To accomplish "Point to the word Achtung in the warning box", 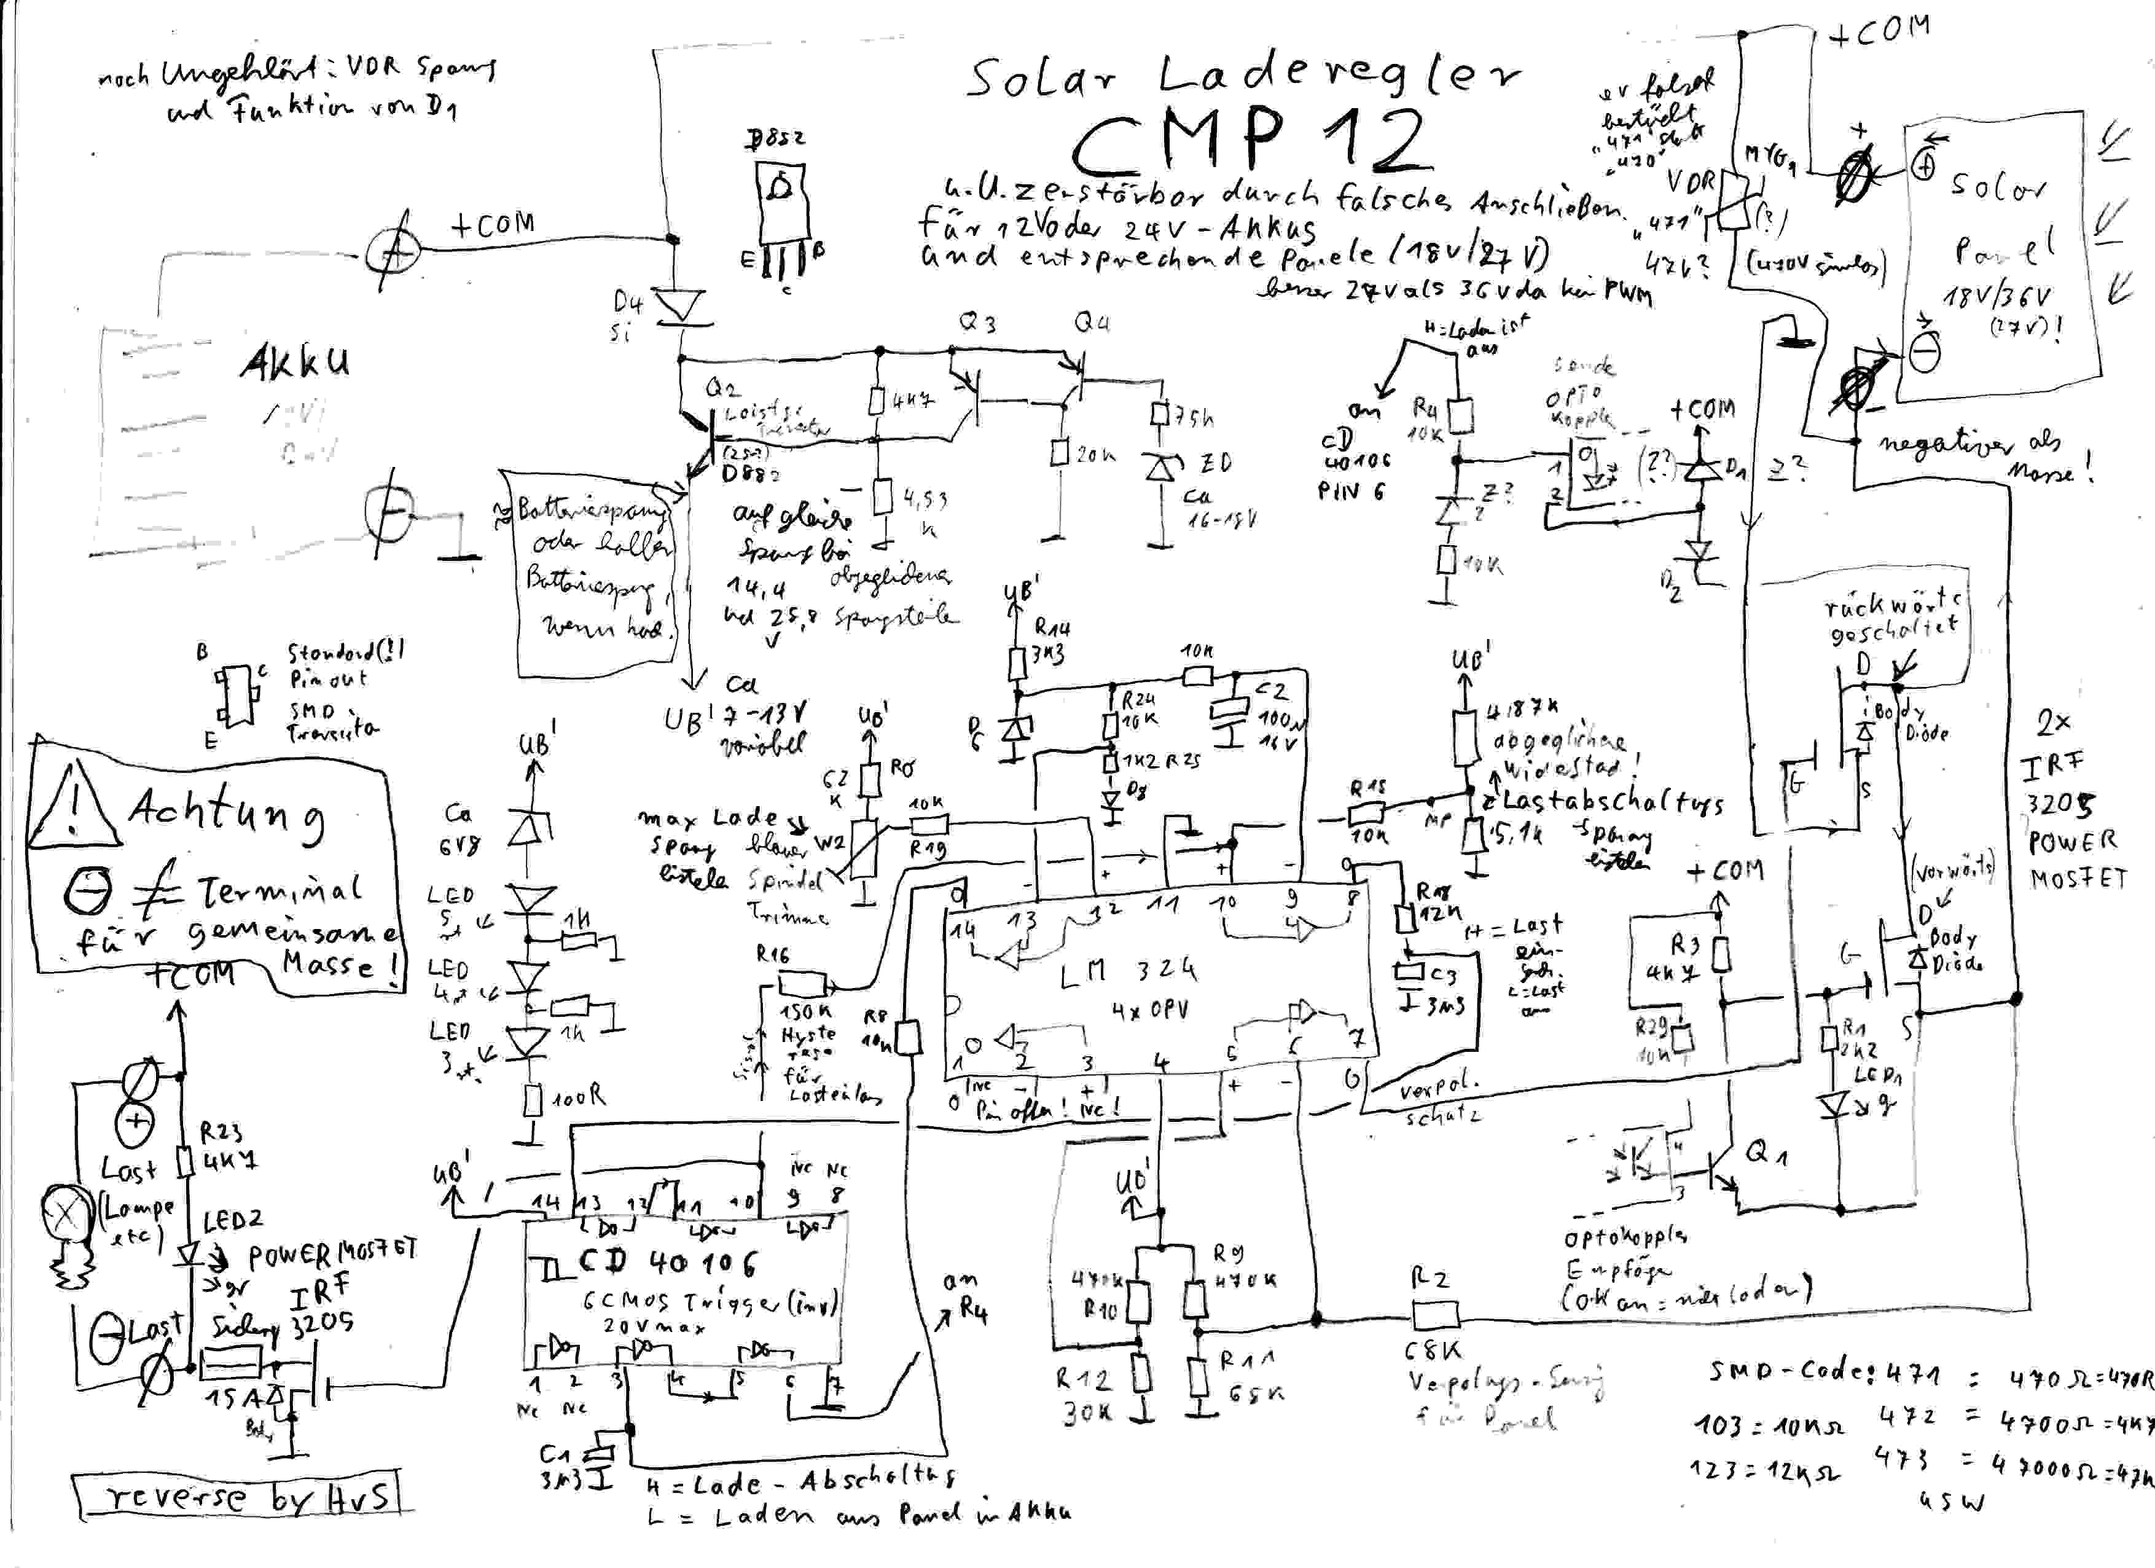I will [225, 810].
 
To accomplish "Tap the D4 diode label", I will [628, 303].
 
